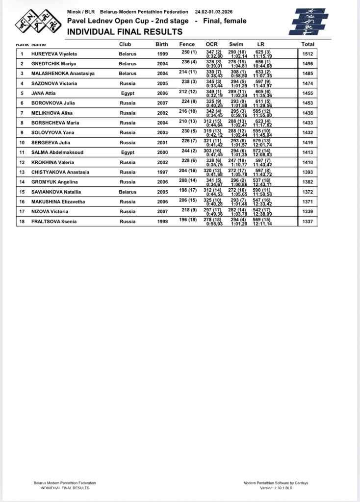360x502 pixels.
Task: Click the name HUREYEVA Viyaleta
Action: (54, 54)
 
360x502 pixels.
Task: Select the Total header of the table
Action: (308, 44)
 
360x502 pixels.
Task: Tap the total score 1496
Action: (308, 64)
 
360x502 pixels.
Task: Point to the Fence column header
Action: (187, 44)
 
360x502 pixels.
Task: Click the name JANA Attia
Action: (44, 93)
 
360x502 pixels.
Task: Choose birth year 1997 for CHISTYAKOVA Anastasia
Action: (162, 172)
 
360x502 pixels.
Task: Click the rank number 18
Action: (22, 221)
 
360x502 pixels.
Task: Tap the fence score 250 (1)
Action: (189, 51)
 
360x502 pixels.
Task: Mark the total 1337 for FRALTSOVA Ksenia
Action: (308, 221)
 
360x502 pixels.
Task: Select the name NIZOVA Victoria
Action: (51, 211)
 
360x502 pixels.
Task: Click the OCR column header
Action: (211, 44)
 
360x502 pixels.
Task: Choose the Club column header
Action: (125, 44)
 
